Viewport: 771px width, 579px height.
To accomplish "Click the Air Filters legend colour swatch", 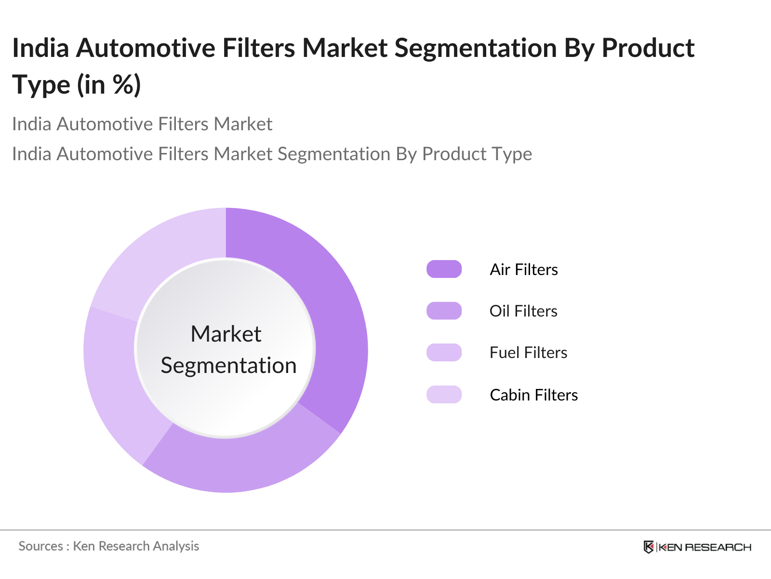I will pyautogui.click(x=444, y=269).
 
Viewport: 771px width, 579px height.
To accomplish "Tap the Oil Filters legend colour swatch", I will pyautogui.click(x=444, y=311).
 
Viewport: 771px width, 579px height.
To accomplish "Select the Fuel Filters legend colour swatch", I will pyautogui.click(x=444, y=352).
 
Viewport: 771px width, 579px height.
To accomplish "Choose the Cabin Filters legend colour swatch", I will pyautogui.click(x=444, y=395).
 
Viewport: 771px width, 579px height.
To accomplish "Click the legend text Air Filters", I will pyautogui.click(x=524, y=269).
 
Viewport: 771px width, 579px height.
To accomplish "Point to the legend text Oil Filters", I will pyautogui.click(x=523, y=311).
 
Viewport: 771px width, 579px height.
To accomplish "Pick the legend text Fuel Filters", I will pyautogui.click(x=528, y=352).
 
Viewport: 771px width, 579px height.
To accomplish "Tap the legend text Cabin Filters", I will pyautogui.click(x=533, y=395).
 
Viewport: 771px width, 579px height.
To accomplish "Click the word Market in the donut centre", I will pyautogui.click(x=226, y=334).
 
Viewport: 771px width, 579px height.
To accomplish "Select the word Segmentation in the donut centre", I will pyautogui.click(x=228, y=365).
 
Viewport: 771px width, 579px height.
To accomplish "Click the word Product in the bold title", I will pyautogui.click(x=648, y=48).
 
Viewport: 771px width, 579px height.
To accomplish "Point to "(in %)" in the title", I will pyautogui.click(x=109, y=85).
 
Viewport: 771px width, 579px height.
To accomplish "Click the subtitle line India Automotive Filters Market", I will pyautogui.click(x=142, y=124).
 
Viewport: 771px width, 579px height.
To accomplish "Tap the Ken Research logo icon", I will pyautogui.click(x=649, y=547).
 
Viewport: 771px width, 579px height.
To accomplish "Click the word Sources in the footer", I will pyautogui.click(x=40, y=546).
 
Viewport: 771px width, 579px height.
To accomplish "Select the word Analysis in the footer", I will pyautogui.click(x=176, y=546).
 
